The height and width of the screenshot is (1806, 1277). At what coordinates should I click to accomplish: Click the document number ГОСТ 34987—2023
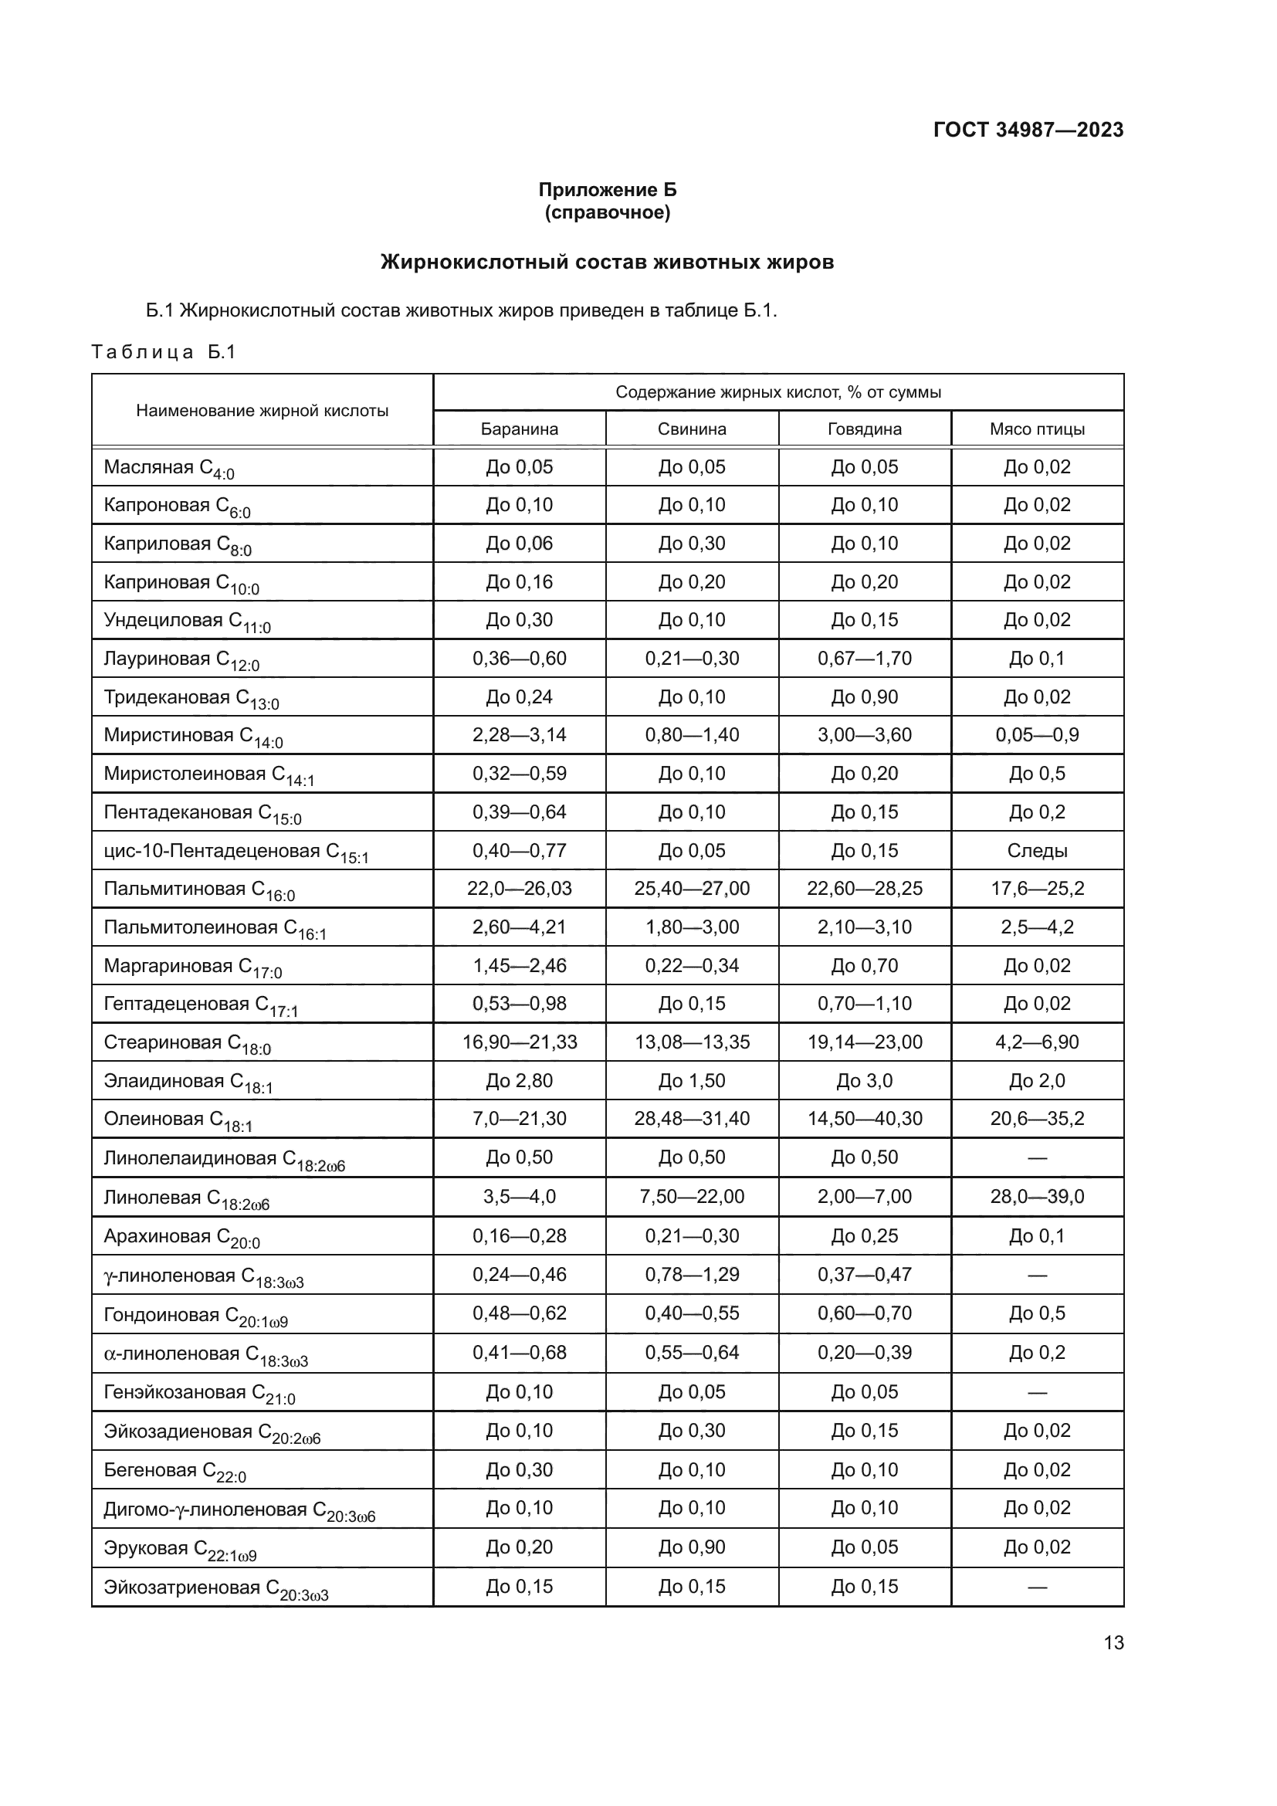pos(1028,130)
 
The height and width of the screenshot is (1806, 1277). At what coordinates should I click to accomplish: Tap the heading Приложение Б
pos(607,190)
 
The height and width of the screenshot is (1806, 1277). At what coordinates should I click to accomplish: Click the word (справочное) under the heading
pos(607,212)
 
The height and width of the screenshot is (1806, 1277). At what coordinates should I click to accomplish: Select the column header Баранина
pos(519,429)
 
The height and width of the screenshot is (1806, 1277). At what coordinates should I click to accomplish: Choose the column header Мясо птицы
pos(1036,429)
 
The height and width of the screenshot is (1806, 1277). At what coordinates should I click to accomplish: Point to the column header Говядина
pos(864,429)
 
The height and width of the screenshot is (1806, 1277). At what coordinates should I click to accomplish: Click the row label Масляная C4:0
pos(168,468)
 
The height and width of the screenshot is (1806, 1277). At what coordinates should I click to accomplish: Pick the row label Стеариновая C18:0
pos(187,1043)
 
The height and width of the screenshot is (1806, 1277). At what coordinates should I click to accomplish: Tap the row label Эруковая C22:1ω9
pos(180,1549)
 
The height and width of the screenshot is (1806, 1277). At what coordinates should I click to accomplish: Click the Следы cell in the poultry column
pos(1036,850)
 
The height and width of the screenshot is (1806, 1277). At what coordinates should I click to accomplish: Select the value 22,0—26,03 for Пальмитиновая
pos(519,889)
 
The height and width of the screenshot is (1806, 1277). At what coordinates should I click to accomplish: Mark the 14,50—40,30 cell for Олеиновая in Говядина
pos(864,1119)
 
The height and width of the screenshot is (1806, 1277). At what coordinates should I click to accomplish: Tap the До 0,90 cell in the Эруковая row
pos(691,1547)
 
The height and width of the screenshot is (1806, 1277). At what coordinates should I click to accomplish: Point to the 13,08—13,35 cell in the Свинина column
pos(691,1042)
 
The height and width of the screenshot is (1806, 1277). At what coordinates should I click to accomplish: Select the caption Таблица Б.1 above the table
pos(164,351)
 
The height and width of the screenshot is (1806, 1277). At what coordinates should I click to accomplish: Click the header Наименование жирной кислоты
pos(262,411)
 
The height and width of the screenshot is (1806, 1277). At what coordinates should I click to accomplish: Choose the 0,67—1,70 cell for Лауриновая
pos(864,659)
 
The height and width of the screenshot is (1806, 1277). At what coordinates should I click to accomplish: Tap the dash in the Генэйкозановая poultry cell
pos(1036,1392)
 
